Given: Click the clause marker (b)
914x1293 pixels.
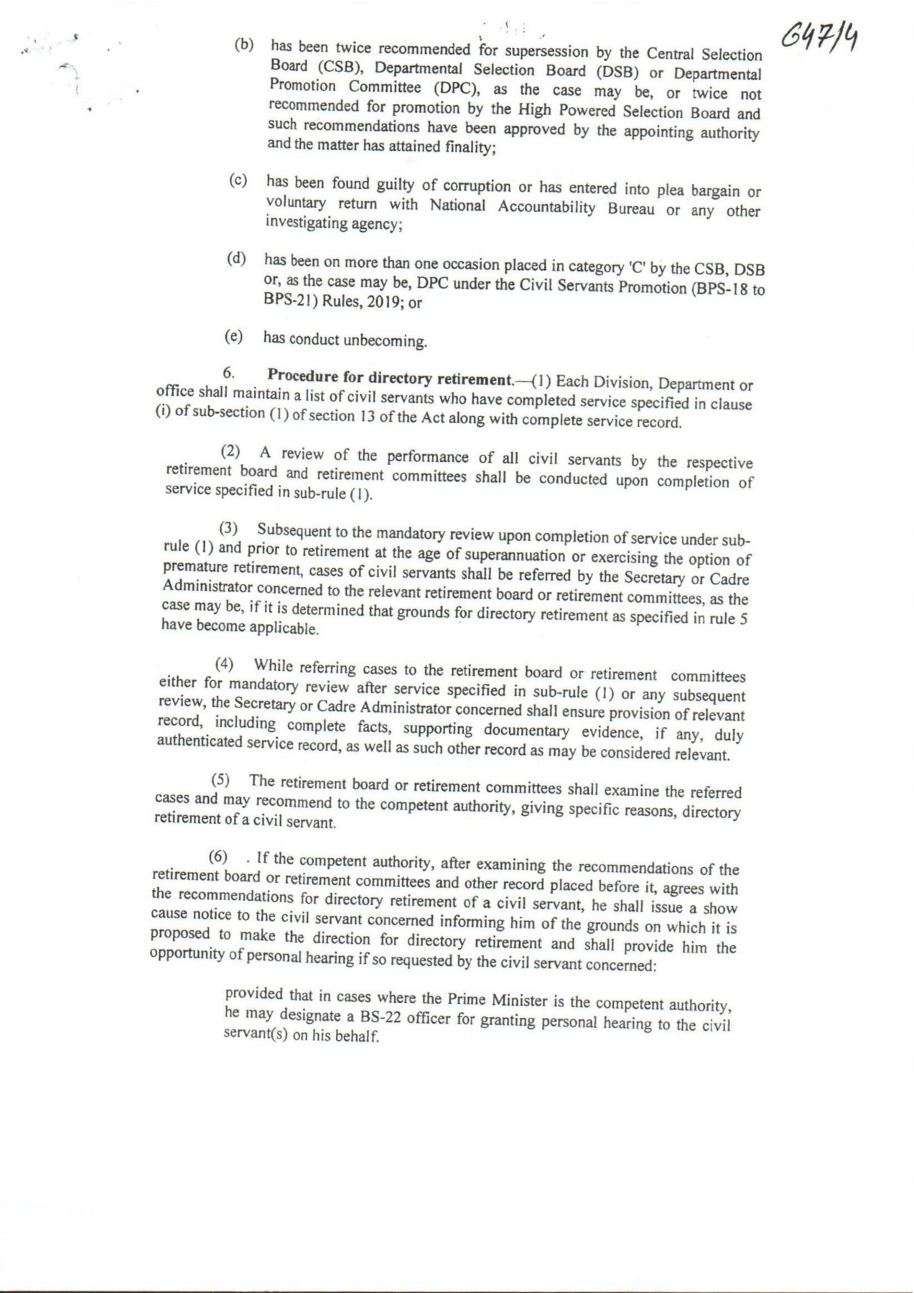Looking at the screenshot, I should (244, 45).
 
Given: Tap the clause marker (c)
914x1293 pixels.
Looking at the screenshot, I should (238, 180).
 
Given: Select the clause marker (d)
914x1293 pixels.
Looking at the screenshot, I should (237, 259).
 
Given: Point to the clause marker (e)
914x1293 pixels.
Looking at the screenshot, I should (234, 336).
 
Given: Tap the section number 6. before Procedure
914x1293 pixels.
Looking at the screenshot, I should (228, 372).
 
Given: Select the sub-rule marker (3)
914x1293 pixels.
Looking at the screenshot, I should (228, 529).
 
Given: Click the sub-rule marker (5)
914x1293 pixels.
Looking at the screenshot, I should (220, 779).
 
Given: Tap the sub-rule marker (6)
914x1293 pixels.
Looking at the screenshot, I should (218, 856).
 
